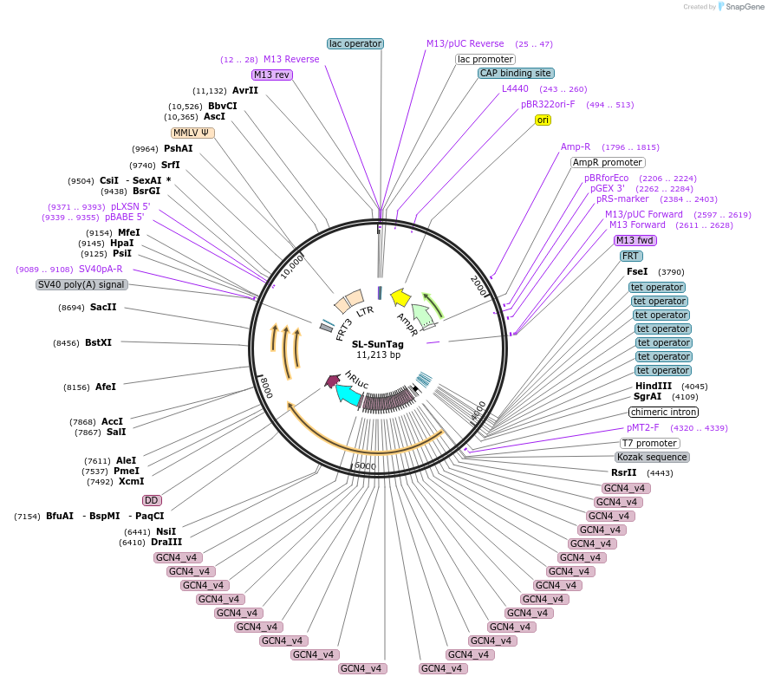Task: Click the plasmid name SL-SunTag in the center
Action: pyautogui.click(x=377, y=344)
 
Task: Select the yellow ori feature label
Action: pyautogui.click(x=543, y=120)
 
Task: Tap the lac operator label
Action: pyautogui.click(x=355, y=43)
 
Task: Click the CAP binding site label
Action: pyautogui.click(x=516, y=74)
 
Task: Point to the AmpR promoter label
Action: pyautogui.click(x=608, y=162)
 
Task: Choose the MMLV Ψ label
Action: pyautogui.click(x=192, y=133)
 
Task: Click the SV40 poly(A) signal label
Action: pyautogui.click(x=81, y=284)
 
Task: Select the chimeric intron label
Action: pyautogui.click(x=663, y=412)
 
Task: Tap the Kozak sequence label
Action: pyautogui.click(x=652, y=457)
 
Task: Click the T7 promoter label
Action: pyautogui.click(x=649, y=443)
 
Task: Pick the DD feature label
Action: pyautogui.click(x=152, y=500)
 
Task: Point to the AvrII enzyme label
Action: pyautogui.click(x=245, y=90)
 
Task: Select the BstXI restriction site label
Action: pyautogui.click(x=98, y=342)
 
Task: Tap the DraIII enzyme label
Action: pyautogui.click(x=166, y=543)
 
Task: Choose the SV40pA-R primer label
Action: pyautogui.click(x=101, y=270)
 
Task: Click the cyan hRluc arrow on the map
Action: pyautogui.click(x=349, y=394)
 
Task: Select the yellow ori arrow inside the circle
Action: pyautogui.click(x=400, y=297)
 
